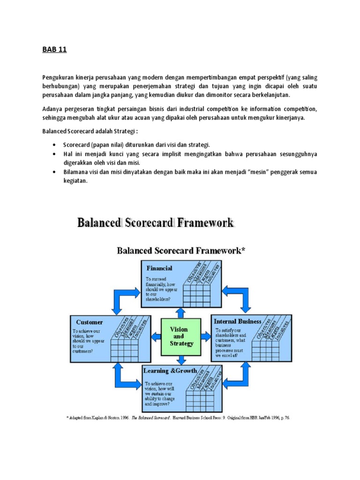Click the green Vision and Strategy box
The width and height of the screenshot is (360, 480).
pyautogui.click(x=181, y=337)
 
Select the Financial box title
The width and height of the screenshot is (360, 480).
pyautogui.click(x=159, y=269)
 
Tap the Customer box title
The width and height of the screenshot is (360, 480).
pyautogui.click(x=90, y=322)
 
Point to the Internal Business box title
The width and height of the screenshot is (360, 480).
pyautogui.click(x=238, y=321)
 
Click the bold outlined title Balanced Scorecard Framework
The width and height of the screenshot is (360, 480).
pyautogui.click(x=155, y=222)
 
